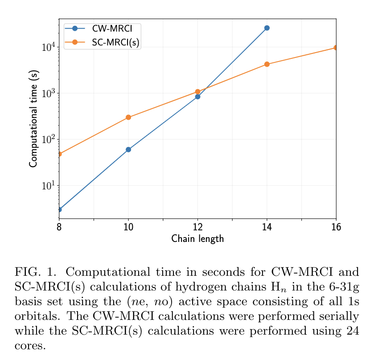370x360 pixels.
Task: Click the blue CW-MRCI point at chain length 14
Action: coord(267,28)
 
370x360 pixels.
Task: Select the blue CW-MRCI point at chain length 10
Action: coord(128,150)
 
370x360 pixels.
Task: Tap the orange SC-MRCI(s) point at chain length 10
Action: coord(128,117)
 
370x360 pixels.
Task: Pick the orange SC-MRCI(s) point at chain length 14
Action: coord(267,64)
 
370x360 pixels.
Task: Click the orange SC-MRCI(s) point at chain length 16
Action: coord(335,48)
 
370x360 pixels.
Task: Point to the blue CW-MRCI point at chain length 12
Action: coord(197,97)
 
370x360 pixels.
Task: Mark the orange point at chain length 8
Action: coord(59,154)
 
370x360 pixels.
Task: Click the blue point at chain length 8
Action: coord(59,209)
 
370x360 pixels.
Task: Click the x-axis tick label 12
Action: coord(197,227)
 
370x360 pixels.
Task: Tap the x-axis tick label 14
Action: coord(267,227)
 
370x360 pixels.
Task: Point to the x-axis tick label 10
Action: coord(128,227)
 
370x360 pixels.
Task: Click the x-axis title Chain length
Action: coord(197,239)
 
